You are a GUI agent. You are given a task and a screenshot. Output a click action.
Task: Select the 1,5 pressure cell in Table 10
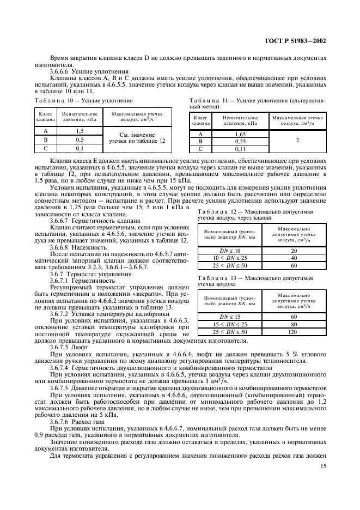[x=80, y=131]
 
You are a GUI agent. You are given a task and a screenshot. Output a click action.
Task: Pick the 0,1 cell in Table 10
[x=80, y=148]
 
